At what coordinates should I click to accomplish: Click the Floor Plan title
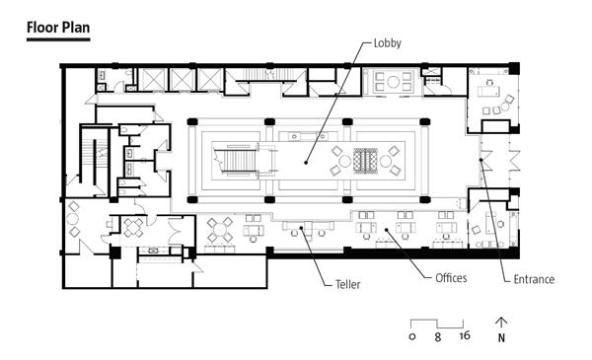coord(58,28)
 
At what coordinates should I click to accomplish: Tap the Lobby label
coord(387,43)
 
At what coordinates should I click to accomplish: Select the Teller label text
coord(347,284)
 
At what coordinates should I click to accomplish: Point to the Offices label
coord(451,278)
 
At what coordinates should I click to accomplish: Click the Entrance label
coord(534,279)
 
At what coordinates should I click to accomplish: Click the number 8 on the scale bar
coord(437,336)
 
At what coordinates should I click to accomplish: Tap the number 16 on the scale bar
coord(465,335)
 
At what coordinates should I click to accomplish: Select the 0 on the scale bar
coord(411,336)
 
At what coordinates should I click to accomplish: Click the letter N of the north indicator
coord(501,337)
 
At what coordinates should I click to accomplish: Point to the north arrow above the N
coord(501,324)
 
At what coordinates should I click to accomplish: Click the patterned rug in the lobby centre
coord(365,161)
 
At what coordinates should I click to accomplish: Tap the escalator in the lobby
coord(237,161)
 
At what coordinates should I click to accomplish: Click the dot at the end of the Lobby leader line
coord(306,163)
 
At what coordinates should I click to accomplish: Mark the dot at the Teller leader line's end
coord(301,228)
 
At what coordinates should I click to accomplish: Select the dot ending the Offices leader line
coord(386,229)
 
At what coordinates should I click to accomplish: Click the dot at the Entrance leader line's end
coord(481,160)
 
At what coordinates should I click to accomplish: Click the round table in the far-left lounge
coord(72,219)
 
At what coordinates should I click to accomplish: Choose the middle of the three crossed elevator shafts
coord(183,80)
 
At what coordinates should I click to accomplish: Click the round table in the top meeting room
coord(393,82)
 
